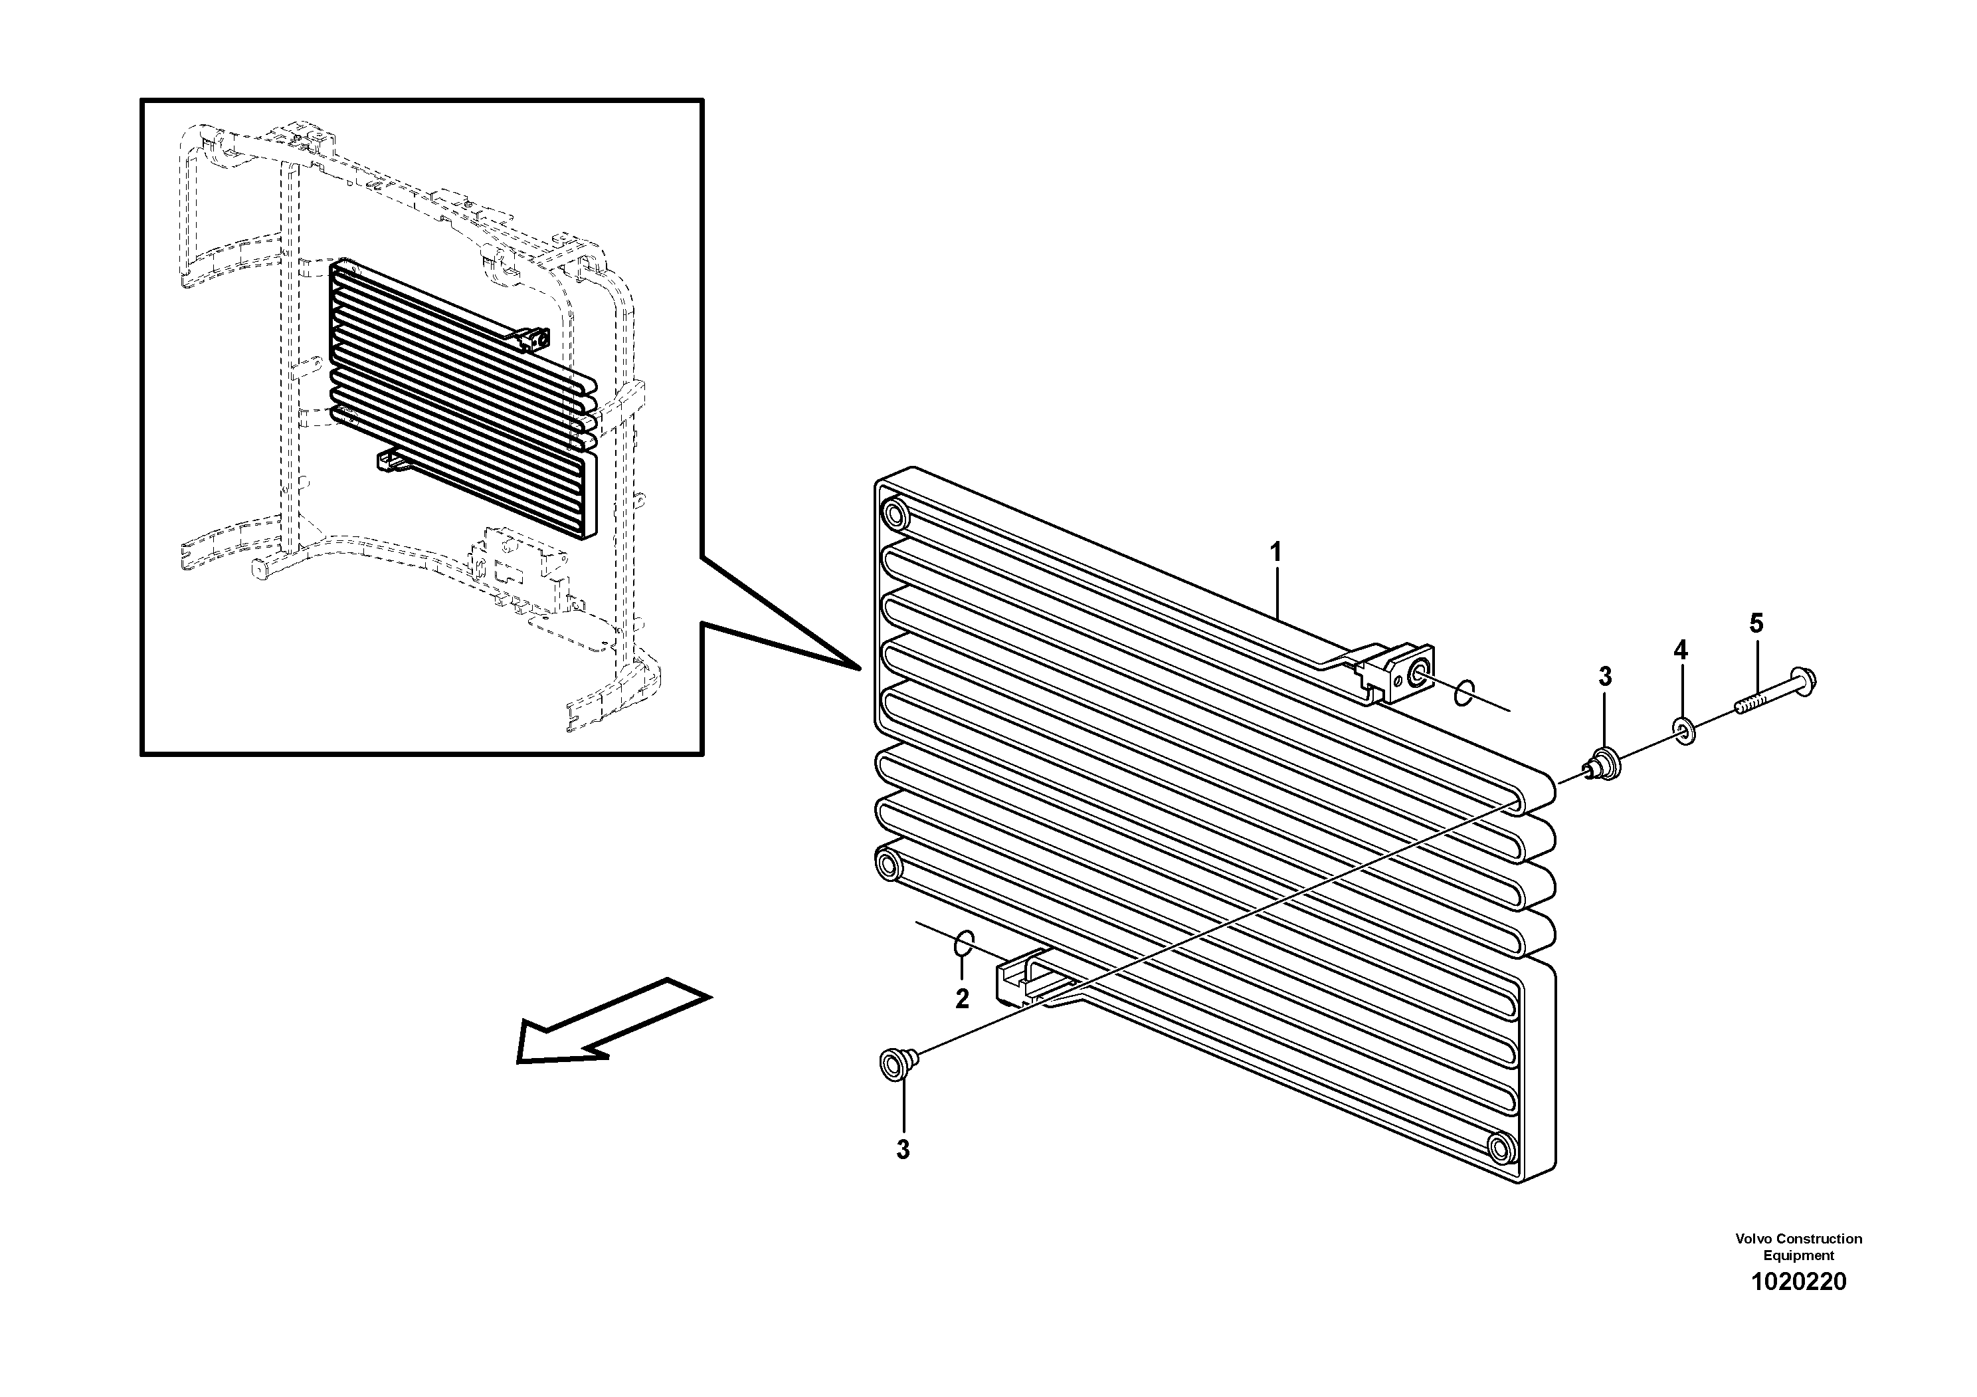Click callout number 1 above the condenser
coord(1276,552)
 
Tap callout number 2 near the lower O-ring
coord(962,999)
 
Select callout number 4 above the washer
coord(1680,650)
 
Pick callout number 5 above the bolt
coord(1756,623)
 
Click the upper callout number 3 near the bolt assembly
coord(1604,677)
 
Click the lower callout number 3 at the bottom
coord(902,1150)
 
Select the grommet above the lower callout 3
coord(894,1065)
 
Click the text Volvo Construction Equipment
coord(1798,1246)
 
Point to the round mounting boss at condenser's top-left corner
coord(895,515)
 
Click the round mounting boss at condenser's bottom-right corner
coord(1500,1147)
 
